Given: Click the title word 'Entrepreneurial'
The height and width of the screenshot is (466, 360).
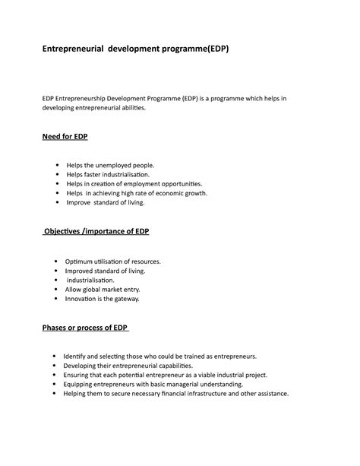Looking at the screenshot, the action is (71, 49).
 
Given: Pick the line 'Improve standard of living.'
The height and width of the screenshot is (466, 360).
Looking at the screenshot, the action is (106, 203).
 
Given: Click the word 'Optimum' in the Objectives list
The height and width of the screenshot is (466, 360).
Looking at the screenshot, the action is (79, 261).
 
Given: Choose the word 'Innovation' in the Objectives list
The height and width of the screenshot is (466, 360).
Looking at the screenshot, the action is (83, 299).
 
